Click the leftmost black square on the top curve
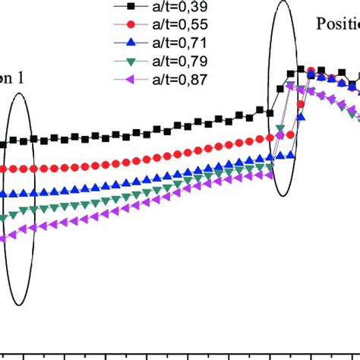[x=3, y=144]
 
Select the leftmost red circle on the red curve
[x=4, y=169]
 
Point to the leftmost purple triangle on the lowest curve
[x=3, y=238]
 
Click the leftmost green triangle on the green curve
[x=3, y=217]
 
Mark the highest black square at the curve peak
[x=301, y=70]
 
